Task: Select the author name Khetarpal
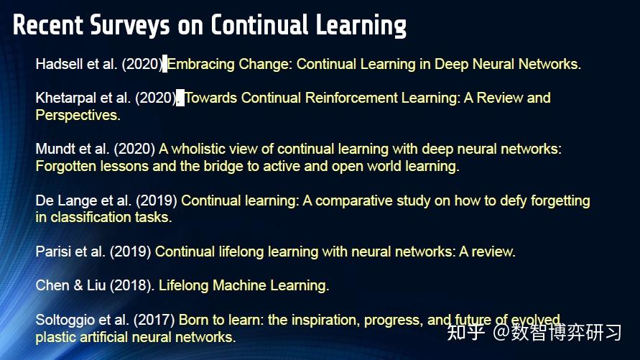tap(68, 98)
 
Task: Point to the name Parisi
tap(53, 251)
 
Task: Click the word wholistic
tap(200, 149)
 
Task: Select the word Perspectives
tap(78, 115)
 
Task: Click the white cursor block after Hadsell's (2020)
tap(164, 64)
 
